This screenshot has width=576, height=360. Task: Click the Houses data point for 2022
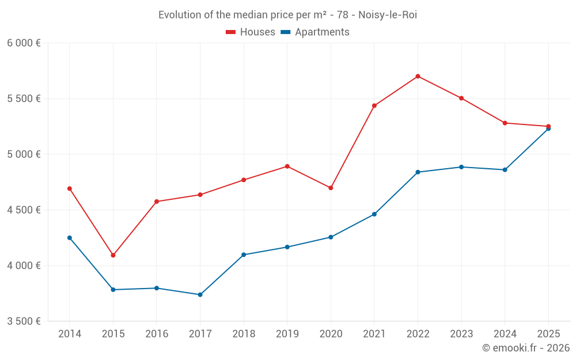tap(418, 76)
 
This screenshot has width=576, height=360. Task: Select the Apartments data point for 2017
tap(200, 295)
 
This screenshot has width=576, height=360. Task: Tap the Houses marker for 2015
tap(113, 255)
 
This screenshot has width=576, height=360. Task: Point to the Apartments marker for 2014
tap(70, 238)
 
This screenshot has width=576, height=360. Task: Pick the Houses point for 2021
tap(374, 105)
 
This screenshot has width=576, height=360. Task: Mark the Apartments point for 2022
tap(418, 172)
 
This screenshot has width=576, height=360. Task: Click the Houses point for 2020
tap(331, 188)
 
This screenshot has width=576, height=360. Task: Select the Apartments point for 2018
tap(244, 255)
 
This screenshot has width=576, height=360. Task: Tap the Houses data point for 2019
tap(287, 166)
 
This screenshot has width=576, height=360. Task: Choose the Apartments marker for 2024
tap(505, 170)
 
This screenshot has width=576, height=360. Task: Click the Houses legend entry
tap(251, 32)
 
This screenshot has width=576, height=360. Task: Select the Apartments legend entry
tap(315, 32)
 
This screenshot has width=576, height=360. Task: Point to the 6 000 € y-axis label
tap(24, 43)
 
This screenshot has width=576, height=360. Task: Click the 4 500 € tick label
tap(24, 210)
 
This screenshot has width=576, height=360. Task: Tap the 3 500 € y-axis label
tap(24, 321)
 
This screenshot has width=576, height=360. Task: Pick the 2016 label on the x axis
tap(157, 334)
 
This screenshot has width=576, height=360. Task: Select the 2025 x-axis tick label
tap(548, 334)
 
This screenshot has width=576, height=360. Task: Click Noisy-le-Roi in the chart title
tap(388, 15)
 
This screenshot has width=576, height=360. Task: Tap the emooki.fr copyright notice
tap(525, 348)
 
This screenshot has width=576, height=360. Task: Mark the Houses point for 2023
tap(461, 98)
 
